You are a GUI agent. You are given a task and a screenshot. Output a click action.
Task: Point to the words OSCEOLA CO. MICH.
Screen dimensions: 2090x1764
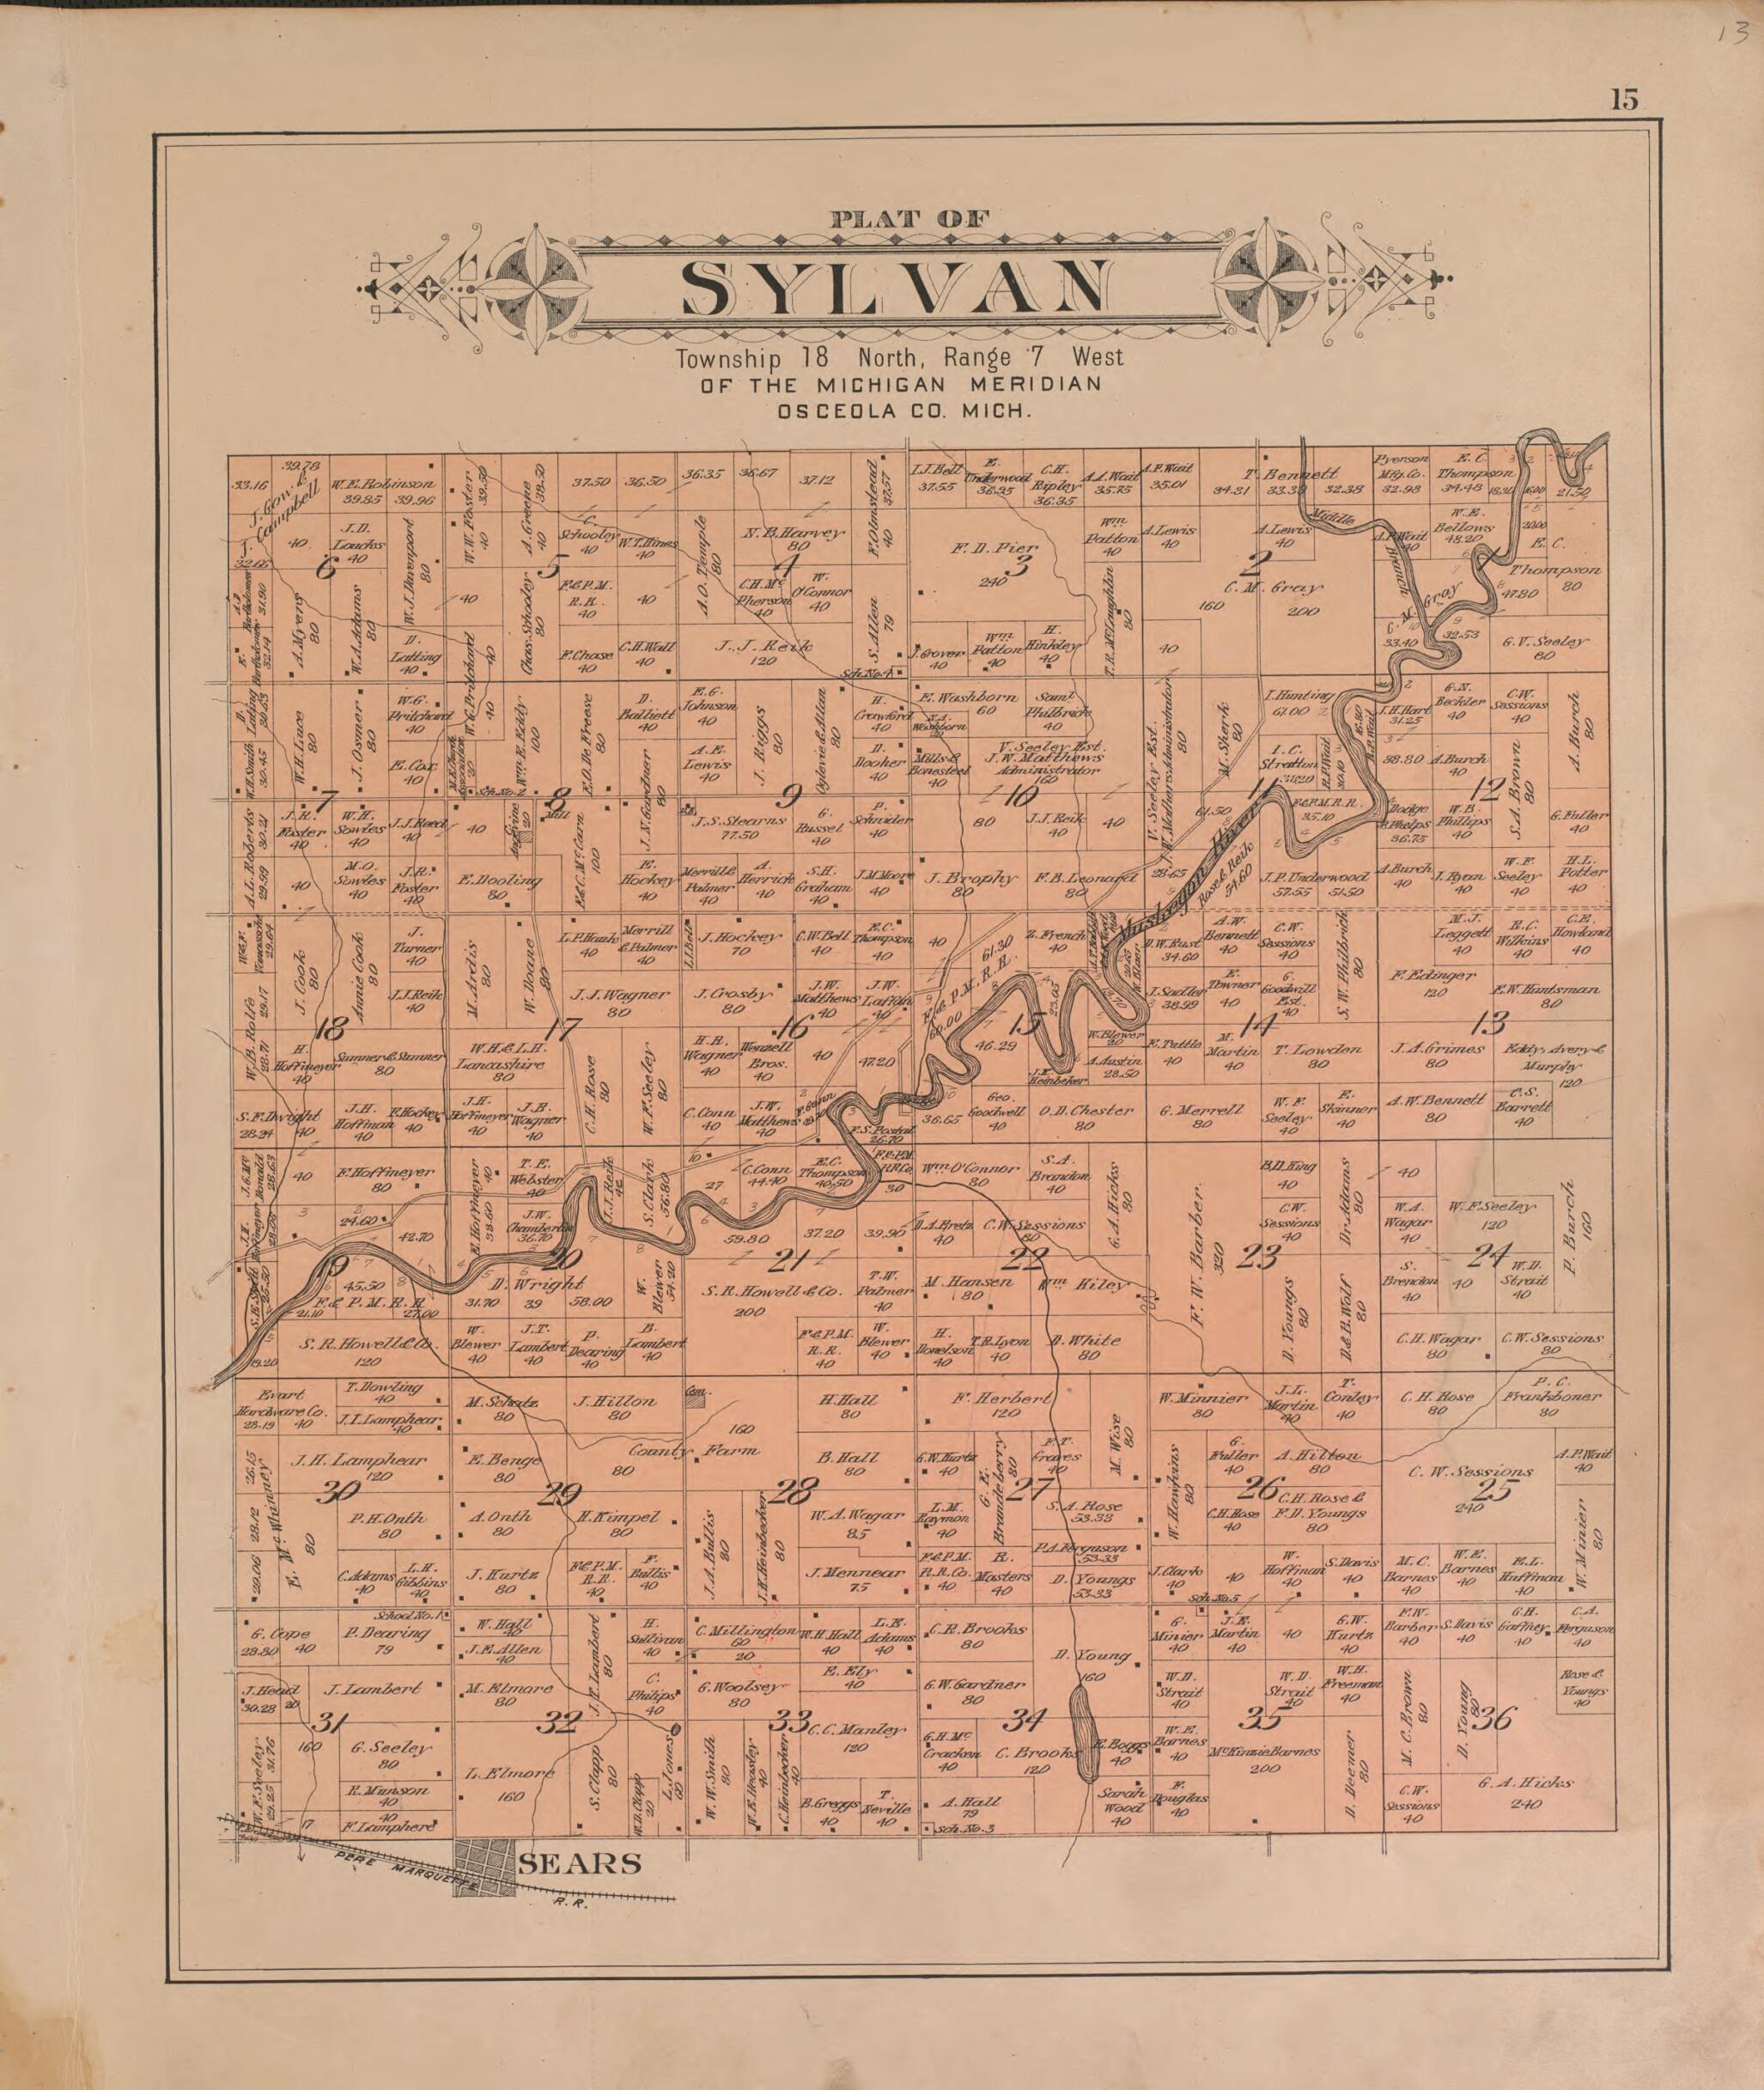point(899,410)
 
